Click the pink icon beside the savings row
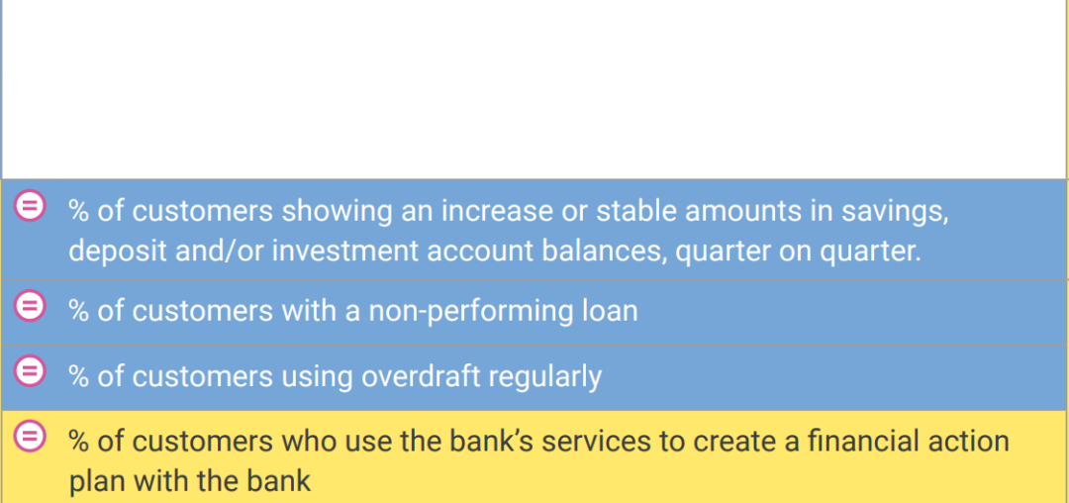click(30, 205)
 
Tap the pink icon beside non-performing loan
click(30, 305)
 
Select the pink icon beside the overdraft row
click(30, 370)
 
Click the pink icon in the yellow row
click(30, 437)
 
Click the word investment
click(345, 251)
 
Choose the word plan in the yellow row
click(96, 482)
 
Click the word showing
click(337, 212)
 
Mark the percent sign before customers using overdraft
click(79, 376)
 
